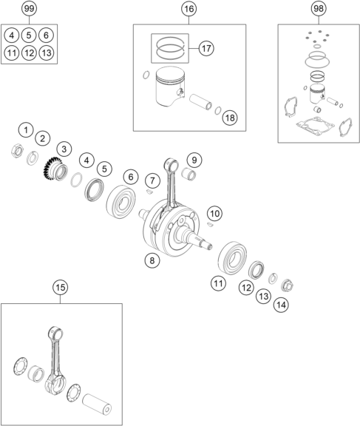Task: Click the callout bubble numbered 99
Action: pos(29,8)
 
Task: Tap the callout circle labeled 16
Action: pos(189,9)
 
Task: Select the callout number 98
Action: pos(319,8)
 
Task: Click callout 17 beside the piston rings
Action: pos(206,48)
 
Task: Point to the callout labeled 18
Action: pos(230,118)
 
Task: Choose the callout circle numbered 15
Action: pos(61,287)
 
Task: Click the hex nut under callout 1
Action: pos(17,151)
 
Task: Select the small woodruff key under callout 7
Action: pos(149,192)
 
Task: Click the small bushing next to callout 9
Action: pos(189,174)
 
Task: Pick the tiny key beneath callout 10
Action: pos(210,224)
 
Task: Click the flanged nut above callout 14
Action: pos(288,285)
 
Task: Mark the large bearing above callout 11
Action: pos(232,257)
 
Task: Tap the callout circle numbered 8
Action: pos(152,260)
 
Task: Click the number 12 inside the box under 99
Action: pos(29,53)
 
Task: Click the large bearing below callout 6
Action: pos(121,202)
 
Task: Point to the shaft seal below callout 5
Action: pos(95,189)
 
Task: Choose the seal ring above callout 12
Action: pos(257,270)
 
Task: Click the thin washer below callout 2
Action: pos(33,158)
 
